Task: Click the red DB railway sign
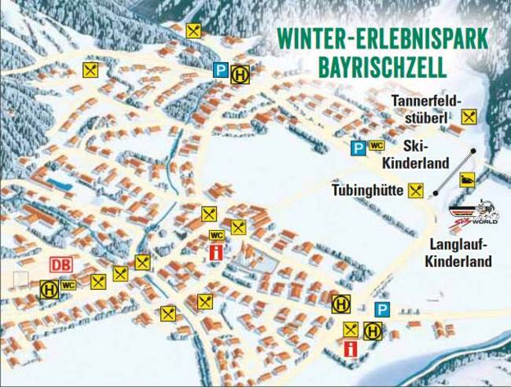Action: [x=61, y=266]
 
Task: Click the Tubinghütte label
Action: [x=368, y=190]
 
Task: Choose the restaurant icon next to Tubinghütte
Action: [x=417, y=190]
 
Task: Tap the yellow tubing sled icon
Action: [x=467, y=179]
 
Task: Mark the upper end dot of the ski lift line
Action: [x=474, y=150]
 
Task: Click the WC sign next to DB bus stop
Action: [x=68, y=286]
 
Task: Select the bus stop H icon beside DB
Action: [x=49, y=289]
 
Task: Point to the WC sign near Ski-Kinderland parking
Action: [x=376, y=145]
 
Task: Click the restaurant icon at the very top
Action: [x=193, y=31]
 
